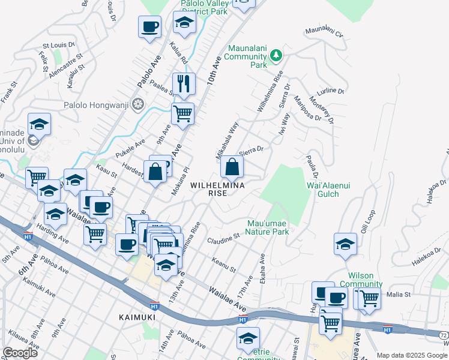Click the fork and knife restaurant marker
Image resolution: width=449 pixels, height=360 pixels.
(184, 84)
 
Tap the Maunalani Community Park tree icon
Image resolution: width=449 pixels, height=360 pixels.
(276, 56)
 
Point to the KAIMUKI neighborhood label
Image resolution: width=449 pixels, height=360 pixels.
(137, 317)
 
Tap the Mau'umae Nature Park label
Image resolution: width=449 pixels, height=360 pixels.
(267, 227)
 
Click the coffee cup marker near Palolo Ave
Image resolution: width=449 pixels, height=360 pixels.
(149, 27)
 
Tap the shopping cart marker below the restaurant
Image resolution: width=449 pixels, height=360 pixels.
(182, 112)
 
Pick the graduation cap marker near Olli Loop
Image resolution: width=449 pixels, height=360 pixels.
(346, 244)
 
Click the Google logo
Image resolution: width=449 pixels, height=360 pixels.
(20, 353)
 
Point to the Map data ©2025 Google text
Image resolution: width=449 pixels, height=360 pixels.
(412, 355)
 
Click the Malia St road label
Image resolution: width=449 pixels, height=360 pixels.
(398, 295)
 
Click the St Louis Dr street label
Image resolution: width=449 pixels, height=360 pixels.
(58, 44)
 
